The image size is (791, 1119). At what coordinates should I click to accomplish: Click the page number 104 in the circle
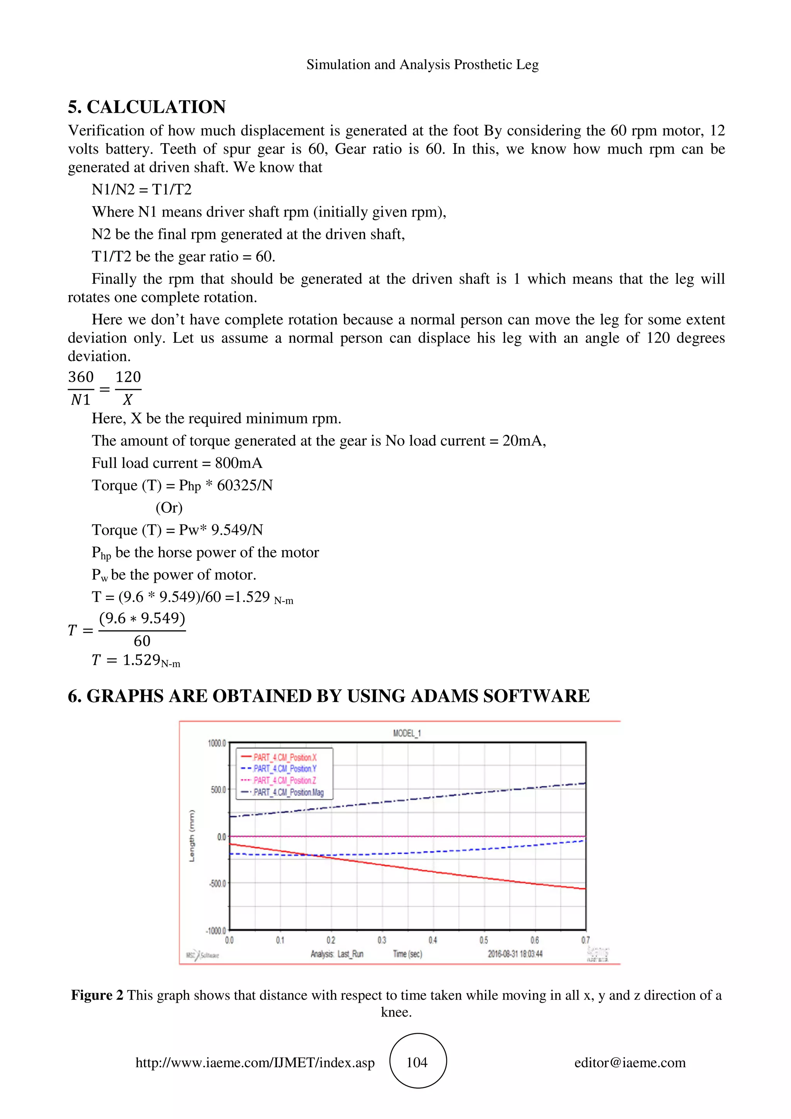417,1063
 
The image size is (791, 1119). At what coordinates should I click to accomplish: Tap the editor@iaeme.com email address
630,1063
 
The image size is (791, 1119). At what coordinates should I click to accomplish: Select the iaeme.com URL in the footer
255,1063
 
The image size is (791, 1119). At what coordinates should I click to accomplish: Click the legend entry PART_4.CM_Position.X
285,757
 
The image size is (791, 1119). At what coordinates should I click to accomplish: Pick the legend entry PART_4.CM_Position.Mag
288,792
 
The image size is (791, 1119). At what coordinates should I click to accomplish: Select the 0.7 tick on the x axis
585,940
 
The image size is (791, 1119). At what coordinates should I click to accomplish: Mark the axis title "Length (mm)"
192,836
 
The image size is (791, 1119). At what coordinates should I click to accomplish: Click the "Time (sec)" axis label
407,954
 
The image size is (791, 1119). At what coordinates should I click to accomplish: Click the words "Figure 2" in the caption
97,995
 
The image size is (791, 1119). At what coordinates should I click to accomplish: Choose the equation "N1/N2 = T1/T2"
142,189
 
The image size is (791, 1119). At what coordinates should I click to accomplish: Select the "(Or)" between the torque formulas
169,508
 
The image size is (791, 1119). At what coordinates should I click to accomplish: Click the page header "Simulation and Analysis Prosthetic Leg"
423,65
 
